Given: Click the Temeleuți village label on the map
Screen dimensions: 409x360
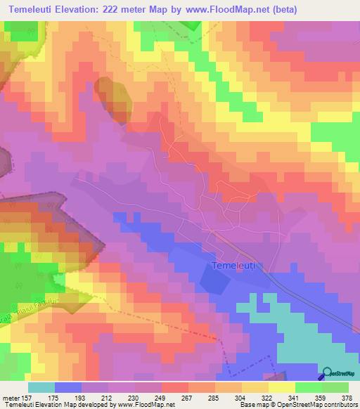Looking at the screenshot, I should [x=232, y=266].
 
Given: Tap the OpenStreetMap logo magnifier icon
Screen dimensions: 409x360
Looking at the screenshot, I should [x=327, y=373].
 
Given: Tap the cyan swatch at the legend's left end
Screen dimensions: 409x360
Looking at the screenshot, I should [x=41, y=387].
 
